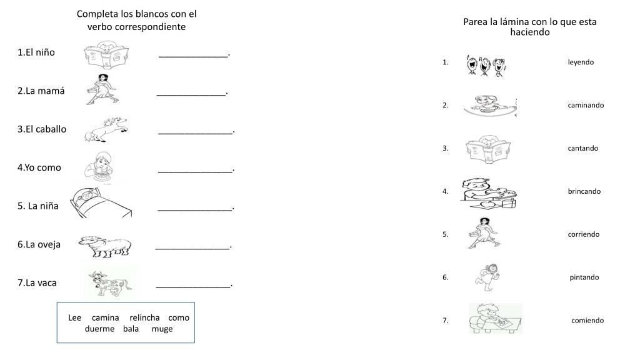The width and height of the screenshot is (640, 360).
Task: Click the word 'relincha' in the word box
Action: (x=144, y=317)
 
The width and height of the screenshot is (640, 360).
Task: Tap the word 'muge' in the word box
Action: (x=162, y=329)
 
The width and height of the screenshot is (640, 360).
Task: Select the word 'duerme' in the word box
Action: (x=99, y=329)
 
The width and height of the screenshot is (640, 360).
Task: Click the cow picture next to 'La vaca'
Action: (x=110, y=283)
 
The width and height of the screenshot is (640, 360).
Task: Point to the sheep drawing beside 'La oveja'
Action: (x=105, y=246)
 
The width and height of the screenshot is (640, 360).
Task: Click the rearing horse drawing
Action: (x=106, y=129)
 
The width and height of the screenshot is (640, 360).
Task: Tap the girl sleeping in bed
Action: (x=101, y=203)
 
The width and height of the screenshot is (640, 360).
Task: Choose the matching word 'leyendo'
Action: (x=581, y=62)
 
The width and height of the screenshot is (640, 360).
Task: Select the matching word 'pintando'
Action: (x=584, y=277)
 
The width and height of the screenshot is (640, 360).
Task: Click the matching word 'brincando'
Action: (x=584, y=191)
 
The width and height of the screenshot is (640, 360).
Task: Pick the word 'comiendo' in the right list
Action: (x=587, y=321)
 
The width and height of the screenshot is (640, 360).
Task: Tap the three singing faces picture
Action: (x=486, y=65)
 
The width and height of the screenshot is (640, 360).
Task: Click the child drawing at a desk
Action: (x=495, y=318)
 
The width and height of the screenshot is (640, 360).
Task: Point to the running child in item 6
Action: (x=487, y=277)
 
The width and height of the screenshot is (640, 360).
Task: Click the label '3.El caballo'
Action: (x=42, y=129)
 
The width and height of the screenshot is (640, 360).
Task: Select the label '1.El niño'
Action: (x=36, y=52)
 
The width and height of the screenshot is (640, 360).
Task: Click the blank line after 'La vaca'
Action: (x=193, y=287)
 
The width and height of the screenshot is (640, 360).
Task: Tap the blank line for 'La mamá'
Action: (x=191, y=95)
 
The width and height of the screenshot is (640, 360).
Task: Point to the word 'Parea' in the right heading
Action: (x=474, y=22)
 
